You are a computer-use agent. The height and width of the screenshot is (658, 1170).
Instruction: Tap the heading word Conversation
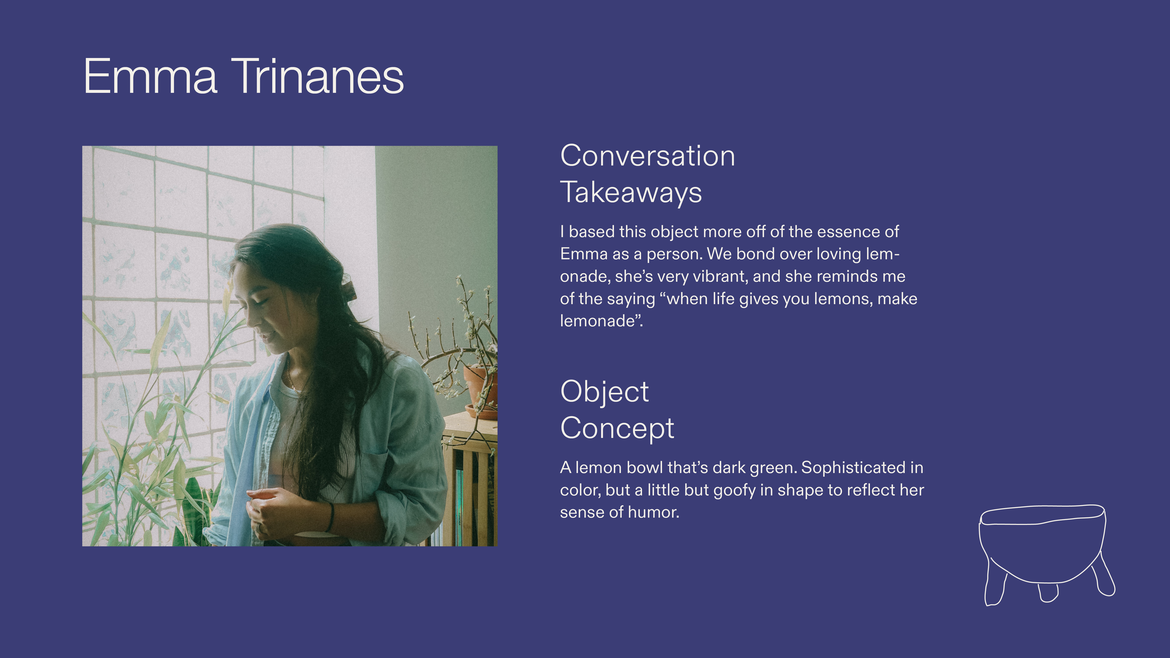click(648, 156)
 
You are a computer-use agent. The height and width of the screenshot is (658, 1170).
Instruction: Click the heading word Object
click(604, 392)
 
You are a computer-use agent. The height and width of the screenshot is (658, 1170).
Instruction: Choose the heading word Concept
click(617, 428)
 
